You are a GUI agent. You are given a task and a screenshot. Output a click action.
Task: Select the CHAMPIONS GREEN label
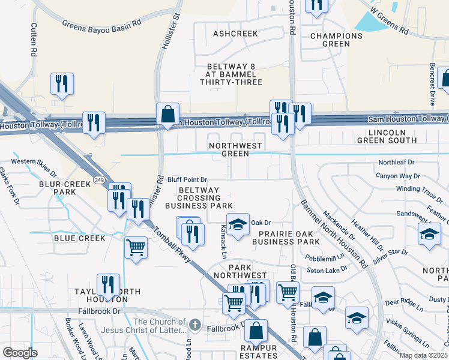[336, 40]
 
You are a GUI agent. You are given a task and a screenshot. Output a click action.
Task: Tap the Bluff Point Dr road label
[187, 179]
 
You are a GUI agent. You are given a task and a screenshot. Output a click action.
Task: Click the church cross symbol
[194, 325]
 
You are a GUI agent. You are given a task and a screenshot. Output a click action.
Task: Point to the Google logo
[20, 353]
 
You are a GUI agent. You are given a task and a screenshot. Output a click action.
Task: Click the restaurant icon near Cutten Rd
[62, 84]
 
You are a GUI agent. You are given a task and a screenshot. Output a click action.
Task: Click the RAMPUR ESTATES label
[259, 352]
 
